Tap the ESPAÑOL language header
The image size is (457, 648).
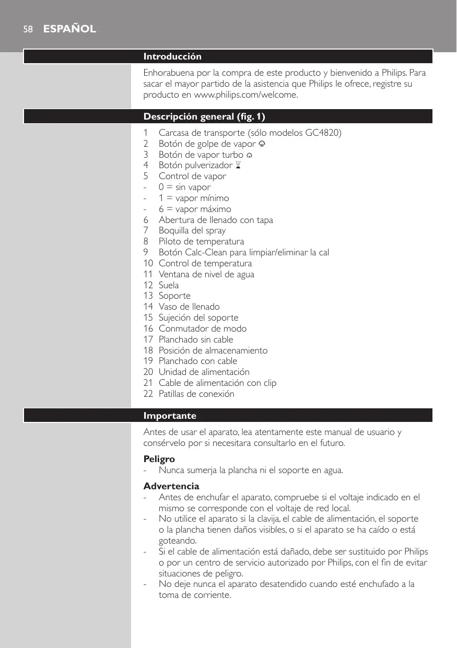69,29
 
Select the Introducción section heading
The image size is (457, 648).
172,56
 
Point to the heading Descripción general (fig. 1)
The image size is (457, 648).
208,116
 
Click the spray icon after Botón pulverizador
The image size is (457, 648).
238,166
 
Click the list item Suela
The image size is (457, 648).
169,285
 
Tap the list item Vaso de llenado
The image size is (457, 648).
189,307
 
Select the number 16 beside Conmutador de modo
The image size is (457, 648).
148,328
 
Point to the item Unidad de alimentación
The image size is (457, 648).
204,372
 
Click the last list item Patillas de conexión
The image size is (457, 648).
196,394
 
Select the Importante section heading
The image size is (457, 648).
170,416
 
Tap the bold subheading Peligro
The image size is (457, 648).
159,459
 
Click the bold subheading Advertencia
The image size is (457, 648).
171,486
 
